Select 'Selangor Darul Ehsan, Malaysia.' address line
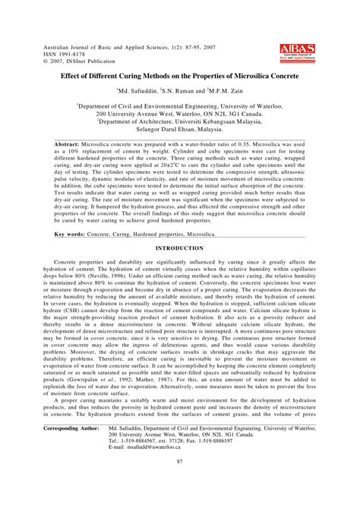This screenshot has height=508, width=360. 179,128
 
